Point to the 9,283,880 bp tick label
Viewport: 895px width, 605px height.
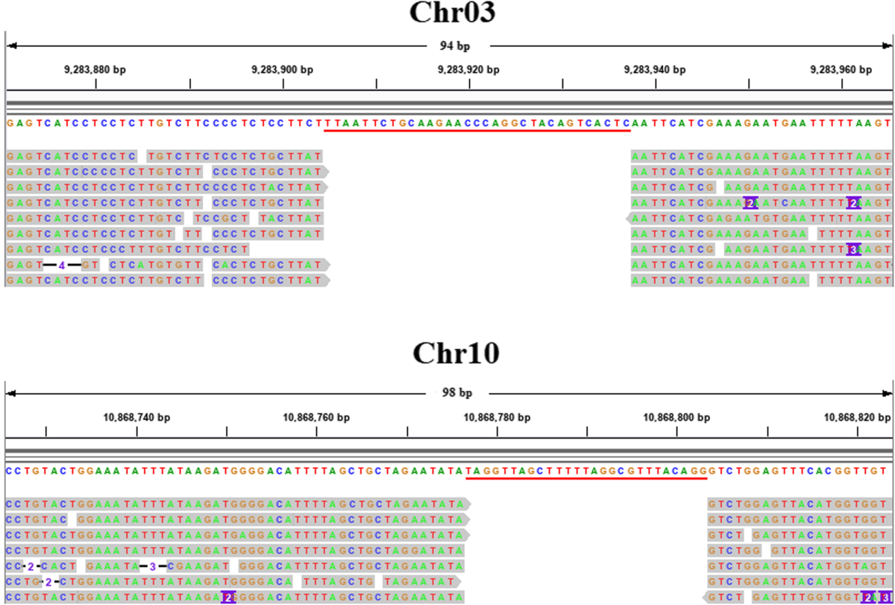95,70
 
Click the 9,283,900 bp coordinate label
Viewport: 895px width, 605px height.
283,70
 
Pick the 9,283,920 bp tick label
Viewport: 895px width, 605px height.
469,70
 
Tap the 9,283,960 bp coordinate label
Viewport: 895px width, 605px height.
841,70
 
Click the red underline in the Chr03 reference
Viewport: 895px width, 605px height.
477,131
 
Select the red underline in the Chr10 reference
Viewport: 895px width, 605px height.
586,479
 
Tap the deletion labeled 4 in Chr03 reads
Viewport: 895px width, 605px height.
63,265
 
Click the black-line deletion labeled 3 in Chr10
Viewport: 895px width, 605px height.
152,566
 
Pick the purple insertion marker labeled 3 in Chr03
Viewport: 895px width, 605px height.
854,249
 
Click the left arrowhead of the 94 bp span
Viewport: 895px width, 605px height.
10,46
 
